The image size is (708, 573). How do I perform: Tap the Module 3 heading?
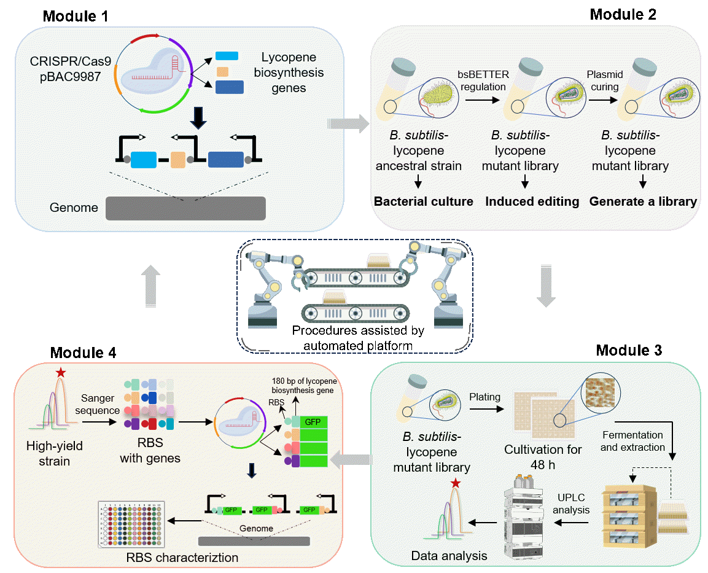629,351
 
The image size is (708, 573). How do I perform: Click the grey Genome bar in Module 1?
185,208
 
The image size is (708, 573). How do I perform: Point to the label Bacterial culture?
424,201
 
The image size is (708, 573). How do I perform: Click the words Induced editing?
532,201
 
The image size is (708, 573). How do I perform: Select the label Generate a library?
643,201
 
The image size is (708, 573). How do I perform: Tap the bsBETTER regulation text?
483,80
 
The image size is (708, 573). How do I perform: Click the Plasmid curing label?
605,80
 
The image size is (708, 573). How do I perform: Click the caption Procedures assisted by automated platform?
358,338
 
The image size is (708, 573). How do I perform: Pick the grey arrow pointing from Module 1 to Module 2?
346,123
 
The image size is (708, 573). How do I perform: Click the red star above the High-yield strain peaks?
60,372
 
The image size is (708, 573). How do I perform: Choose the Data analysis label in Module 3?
449,556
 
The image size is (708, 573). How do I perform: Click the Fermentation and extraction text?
632,441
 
